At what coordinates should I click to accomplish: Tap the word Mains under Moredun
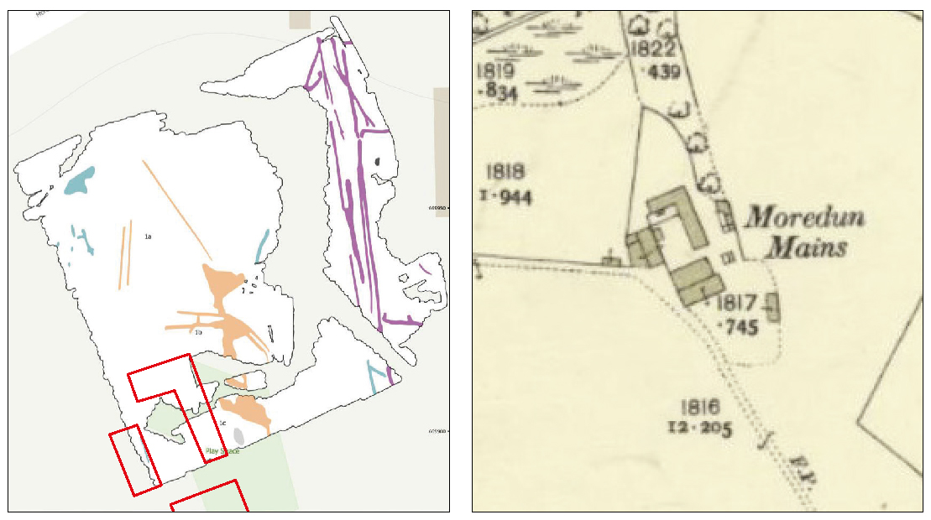808,247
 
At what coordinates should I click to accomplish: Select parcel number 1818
505,172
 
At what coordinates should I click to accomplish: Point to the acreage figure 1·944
507,198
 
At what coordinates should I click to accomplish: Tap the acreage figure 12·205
699,429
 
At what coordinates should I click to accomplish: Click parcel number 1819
494,69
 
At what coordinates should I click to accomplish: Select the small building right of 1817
772,306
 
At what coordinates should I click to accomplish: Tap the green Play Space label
222,451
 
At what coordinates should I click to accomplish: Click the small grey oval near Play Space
238,436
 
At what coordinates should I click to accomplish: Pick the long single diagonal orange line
177,209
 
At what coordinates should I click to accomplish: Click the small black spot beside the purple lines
378,161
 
